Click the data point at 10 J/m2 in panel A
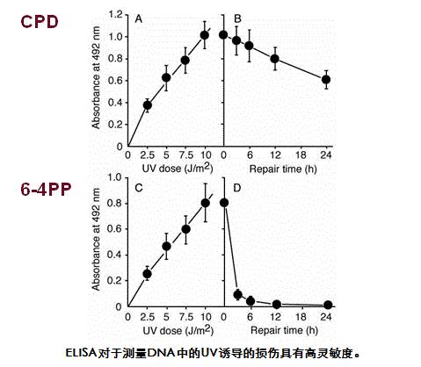[x=205, y=35]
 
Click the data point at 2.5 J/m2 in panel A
[x=148, y=105]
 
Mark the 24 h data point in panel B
[x=326, y=80]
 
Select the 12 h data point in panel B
[x=275, y=59]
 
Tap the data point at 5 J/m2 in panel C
[x=166, y=246]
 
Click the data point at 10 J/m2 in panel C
[x=205, y=203]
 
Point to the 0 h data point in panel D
[x=225, y=203]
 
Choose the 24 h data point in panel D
[x=326, y=305]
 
